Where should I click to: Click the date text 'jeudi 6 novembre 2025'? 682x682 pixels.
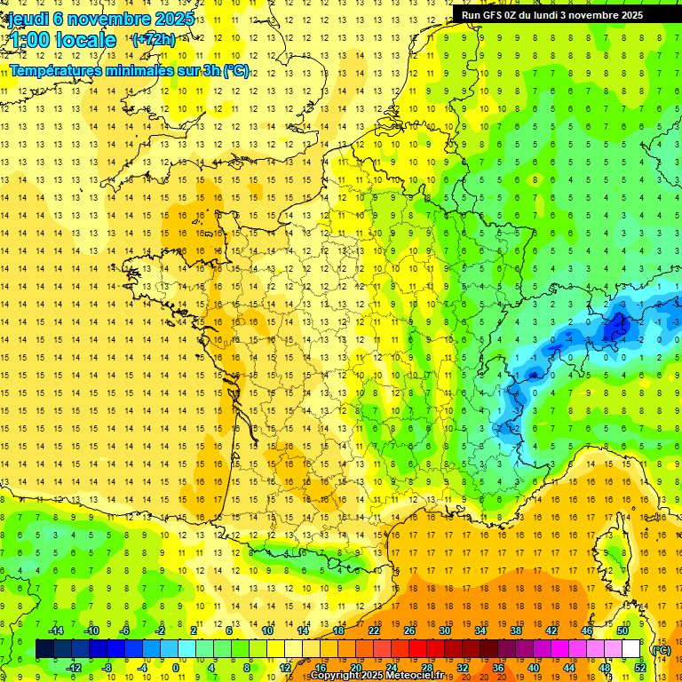coord(101,19)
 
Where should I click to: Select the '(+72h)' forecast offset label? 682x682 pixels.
coord(154,39)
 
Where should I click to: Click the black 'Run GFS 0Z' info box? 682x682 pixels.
coord(559,15)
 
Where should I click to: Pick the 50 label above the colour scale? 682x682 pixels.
coord(623,630)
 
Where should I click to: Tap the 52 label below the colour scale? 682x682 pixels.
coord(640,667)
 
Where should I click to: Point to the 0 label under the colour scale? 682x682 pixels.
coord(176,667)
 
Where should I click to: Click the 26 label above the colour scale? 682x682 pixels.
coord(409,630)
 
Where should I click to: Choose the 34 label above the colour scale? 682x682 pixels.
coord(480,630)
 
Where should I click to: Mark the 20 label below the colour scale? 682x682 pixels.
coord(356,667)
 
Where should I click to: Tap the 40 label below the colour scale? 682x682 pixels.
coord(534,667)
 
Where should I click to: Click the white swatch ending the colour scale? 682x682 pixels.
coord(631,649)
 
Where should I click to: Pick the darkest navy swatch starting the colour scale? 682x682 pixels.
coord(44,649)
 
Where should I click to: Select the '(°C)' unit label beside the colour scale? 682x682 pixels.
coord(661,649)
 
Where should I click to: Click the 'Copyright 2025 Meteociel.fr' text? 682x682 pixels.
coord(377,676)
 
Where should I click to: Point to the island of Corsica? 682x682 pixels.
coord(612,546)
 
